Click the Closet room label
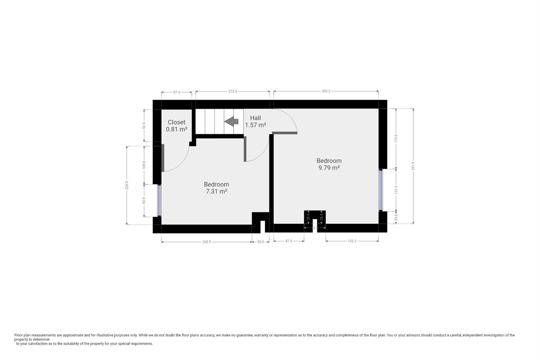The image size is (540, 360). (x=176, y=122)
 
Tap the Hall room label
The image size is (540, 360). (x=255, y=118)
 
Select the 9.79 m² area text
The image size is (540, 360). (x=329, y=168)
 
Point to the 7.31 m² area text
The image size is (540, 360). (x=216, y=192)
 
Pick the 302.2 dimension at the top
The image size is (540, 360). (x=326, y=91)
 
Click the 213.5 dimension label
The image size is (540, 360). (x=233, y=91)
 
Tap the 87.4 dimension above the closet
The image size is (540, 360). (x=176, y=92)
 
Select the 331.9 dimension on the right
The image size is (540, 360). (x=413, y=166)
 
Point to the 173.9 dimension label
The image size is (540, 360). (x=396, y=138)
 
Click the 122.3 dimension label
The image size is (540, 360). (x=396, y=190)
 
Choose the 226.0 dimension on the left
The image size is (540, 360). (x=127, y=185)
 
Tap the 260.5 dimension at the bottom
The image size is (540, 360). (x=206, y=242)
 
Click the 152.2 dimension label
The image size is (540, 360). (x=352, y=241)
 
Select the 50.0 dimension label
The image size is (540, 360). (x=260, y=242)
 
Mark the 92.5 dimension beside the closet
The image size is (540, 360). (x=144, y=126)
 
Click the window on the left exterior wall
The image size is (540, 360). (x=159, y=200)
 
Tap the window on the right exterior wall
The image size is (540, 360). (x=381, y=190)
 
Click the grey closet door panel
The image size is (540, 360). (x=163, y=158)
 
